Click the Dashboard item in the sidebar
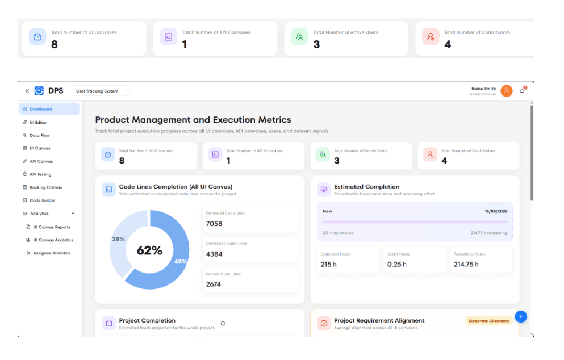(x=41, y=109)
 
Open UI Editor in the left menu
(x=38, y=122)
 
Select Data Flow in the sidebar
(x=40, y=135)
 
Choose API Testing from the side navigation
(x=40, y=174)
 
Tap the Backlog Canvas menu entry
(x=45, y=187)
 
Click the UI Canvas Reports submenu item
(x=52, y=227)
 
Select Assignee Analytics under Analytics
(x=52, y=253)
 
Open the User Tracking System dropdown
(x=102, y=91)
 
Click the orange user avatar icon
(x=507, y=91)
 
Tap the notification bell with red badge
(x=523, y=90)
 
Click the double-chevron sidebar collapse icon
(x=27, y=91)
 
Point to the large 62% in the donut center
(x=149, y=250)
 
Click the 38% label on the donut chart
(x=118, y=239)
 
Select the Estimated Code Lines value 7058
(x=214, y=224)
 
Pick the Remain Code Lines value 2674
(x=214, y=284)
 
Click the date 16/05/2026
(x=496, y=211)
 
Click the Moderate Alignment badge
(x=488, y=321)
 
